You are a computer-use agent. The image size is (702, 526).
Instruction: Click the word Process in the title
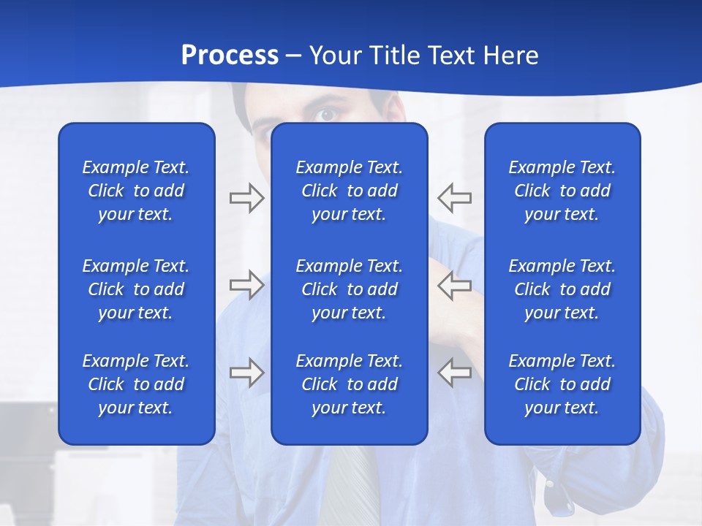(x=230, y=56)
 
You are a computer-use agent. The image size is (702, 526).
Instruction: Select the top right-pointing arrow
(x=246, y=198)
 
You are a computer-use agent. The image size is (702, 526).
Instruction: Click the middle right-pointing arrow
(x=246, y=285)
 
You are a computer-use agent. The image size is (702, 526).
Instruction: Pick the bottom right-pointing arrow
(x=246, y=373)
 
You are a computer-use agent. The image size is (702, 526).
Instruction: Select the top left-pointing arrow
(x=455, y=198)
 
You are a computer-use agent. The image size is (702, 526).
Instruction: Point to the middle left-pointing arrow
(x=455, y=285)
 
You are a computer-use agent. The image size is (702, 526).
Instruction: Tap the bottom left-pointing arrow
(x=455, y=373)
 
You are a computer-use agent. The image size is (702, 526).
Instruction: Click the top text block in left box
(x=136, y=191)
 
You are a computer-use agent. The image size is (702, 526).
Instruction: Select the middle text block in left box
(x=136, y=289)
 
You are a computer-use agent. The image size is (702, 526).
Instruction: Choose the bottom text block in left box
(x=136, y=384)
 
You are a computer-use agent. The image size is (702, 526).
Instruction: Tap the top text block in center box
(x=349, y=191)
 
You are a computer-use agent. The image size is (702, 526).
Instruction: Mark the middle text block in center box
(x=349, y=289)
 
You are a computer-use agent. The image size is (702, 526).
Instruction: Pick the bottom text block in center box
(x=349, y=384)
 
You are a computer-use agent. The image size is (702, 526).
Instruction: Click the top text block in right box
(x=562, y=191)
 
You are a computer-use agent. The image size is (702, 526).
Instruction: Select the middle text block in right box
(x=562, y=289)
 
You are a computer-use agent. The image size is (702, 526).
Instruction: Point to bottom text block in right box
(x=562, y=384)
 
